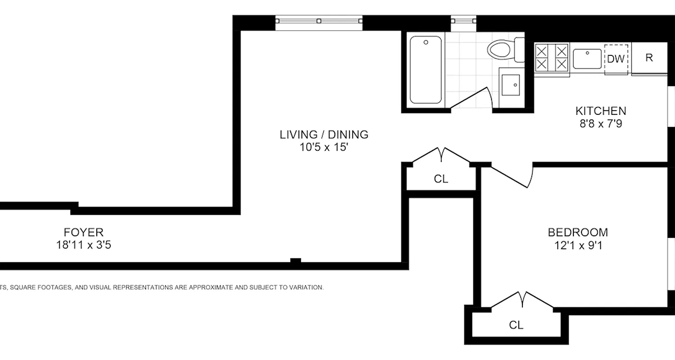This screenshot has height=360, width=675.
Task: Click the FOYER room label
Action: [83, 232]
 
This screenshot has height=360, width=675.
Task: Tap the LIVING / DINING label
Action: [324, 134]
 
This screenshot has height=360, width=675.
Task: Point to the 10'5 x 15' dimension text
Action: [324, 147]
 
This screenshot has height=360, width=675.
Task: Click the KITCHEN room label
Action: [601, 111]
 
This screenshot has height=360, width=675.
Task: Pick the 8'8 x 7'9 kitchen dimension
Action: [601, 123]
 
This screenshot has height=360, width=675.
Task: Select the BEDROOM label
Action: [577, 232]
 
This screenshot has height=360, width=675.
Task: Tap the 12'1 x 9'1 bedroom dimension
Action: [577, 245]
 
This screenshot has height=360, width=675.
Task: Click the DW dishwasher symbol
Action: [616, 59]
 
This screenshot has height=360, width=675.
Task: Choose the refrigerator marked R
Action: [649, 58]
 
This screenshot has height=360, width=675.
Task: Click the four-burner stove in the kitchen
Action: [552, 58]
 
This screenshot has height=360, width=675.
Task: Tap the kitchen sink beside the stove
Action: [587, 58]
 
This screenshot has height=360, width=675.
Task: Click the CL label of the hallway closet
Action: [441, 179]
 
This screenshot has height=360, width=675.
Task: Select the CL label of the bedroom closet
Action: [516, 324]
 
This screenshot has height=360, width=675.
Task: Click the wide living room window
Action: [319, 21]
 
